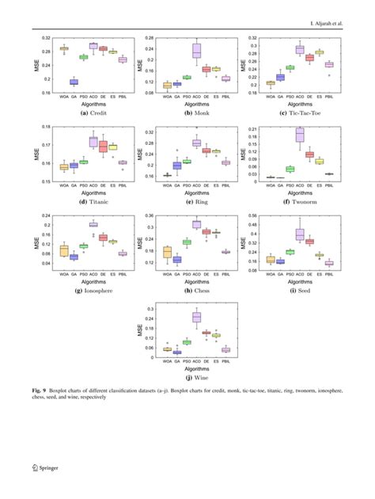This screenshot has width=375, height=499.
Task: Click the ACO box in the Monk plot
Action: pos(197,51)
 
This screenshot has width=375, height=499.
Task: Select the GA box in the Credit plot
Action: pos(74,82)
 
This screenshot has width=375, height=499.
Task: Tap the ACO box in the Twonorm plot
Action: pos(300,135)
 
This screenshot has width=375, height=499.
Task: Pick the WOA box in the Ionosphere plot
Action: pos(64,250)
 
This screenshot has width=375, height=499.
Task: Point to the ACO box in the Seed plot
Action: pos(300,234)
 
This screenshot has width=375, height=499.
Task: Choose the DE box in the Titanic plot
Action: pos(103,147)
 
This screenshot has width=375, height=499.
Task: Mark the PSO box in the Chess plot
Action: pos(187,242)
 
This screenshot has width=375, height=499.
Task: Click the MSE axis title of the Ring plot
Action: pos(141,153)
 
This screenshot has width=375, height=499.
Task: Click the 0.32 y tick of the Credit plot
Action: pos(46,38)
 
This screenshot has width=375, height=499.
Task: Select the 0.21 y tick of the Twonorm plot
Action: pos(253,128)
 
